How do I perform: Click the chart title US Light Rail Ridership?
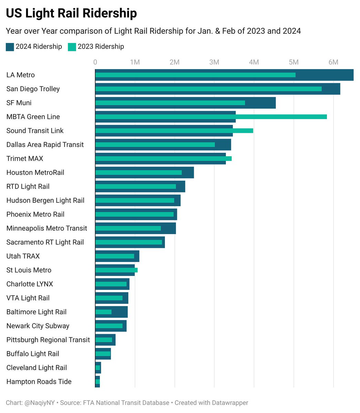click(71, 13)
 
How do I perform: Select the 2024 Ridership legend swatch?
click(10, 47)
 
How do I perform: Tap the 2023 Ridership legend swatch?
click(72, 47)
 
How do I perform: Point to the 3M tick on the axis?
click(214, 62)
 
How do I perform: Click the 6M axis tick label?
click(333, 62)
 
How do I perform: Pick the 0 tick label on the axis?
click(95, 62)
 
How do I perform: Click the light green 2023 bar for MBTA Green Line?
click(275, 117)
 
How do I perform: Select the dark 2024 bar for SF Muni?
click(262, 103)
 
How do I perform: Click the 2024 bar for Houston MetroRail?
click(188, 172)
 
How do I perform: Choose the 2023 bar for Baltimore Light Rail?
click(103, 312)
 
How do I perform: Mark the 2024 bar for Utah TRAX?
click(137, 256)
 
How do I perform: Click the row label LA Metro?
click(21, 75)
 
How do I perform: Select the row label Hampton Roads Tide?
click(39, 382)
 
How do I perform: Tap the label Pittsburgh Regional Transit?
click(48, 340)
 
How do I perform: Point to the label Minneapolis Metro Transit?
click(47, 228)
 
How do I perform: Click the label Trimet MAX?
click(25, 159)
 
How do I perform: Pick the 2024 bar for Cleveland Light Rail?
click(100, 368)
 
